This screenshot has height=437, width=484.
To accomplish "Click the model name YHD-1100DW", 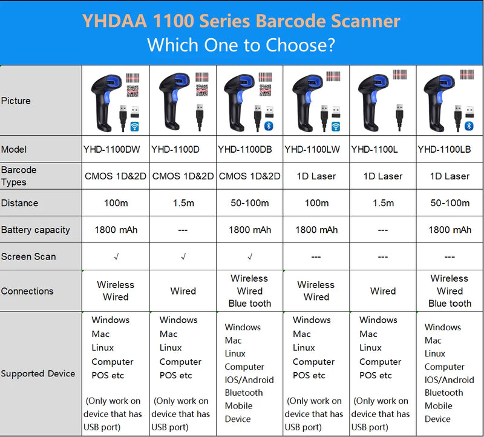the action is tap(111, 149).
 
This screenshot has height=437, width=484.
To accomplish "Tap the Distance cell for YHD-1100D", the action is tap(183, 203).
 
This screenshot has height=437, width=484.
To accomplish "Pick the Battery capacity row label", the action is tap(36, 230).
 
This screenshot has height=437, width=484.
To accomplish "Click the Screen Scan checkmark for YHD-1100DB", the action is tap(250, 256).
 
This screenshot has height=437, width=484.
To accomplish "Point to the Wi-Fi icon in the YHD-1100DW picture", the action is tap(134, 127).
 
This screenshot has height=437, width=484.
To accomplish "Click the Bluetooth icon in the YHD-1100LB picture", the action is tap(469, 126).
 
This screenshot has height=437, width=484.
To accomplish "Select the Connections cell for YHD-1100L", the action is tap(383, 291).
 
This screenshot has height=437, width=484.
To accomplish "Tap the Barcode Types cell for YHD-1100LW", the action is tap(316, 176).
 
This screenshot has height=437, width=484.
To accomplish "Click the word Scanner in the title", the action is tap(365, 21).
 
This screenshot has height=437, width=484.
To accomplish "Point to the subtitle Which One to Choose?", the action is tap(241, 45).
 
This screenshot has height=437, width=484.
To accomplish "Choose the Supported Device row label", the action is tap(38, 373).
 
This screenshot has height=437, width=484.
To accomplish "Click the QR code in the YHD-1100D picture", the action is tap(202, 90).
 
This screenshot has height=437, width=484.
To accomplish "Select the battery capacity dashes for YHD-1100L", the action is tap(383, 230).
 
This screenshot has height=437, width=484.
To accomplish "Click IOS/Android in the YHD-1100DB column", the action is tap(249, 380).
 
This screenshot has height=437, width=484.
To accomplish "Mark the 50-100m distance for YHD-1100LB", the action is tap(450, 203).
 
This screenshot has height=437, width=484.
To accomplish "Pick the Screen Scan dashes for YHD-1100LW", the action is tap(316, 257).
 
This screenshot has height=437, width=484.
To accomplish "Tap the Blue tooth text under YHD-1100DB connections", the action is tap(250, 304).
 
